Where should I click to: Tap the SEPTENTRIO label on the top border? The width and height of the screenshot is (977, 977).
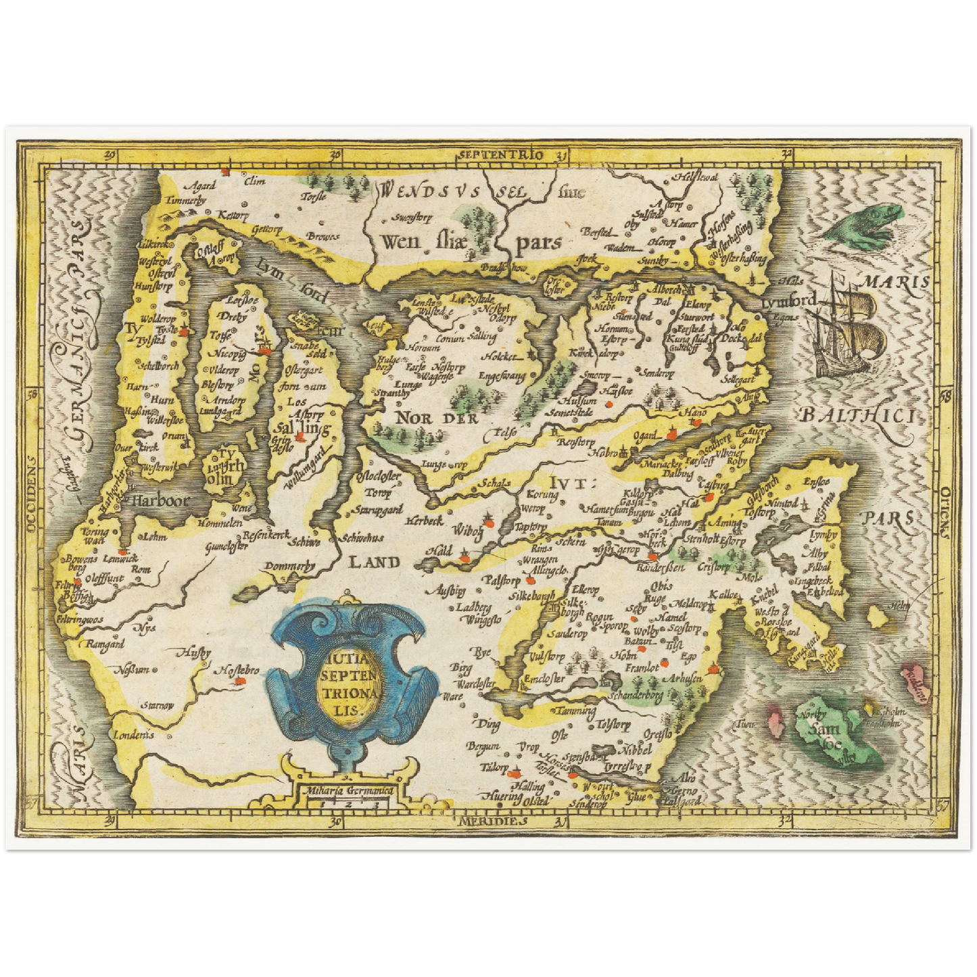(500, 155)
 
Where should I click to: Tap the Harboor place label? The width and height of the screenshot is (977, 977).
(161, 501)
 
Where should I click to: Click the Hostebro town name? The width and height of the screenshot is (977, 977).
(237, 671)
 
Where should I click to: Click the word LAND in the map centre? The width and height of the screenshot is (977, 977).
(375, 561)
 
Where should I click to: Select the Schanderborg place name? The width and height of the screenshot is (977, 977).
(636, 694)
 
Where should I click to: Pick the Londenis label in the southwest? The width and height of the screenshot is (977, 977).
(133, 735)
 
